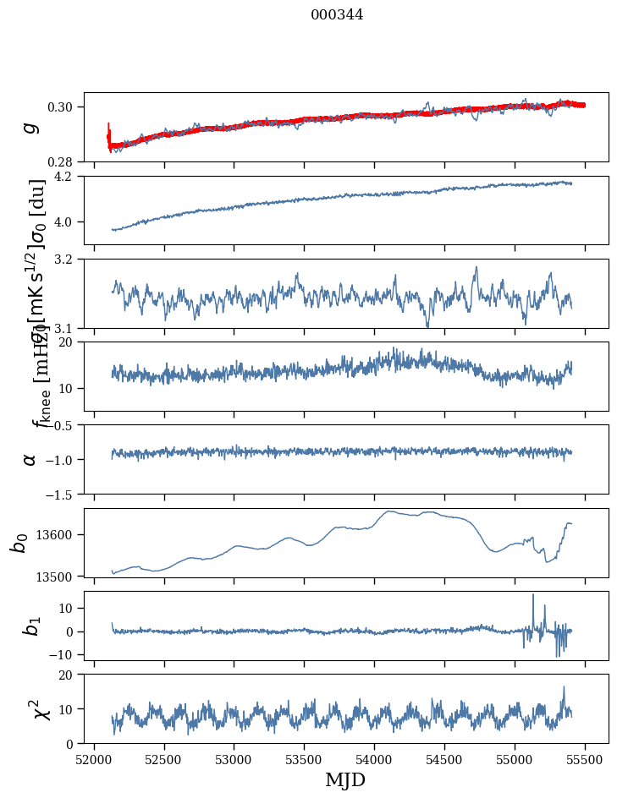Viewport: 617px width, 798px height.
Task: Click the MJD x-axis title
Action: tap(345, 780)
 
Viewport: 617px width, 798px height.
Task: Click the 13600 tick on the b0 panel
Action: tap(60, 534)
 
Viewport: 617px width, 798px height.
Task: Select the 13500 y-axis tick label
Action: tap(60, 576)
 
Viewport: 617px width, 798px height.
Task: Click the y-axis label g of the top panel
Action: tap(30, 127)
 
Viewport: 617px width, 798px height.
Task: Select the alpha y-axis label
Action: tap(30, 459)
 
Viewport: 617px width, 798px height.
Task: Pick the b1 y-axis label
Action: tap(30, 626)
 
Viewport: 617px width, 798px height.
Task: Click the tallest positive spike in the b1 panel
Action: tap(533, 594)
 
